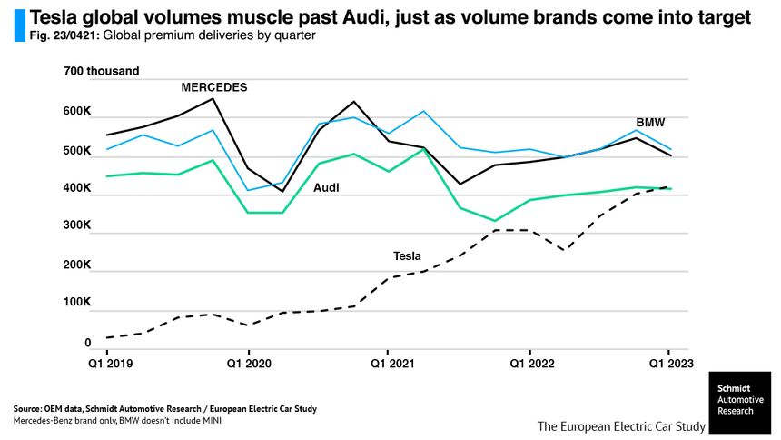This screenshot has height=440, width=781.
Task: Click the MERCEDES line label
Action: (x=214, y=87)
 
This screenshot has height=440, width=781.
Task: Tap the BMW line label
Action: (x=649, y=122)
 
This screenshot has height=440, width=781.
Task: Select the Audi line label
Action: (x=326, y=188)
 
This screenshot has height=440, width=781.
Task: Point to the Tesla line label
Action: (x=406, y=256)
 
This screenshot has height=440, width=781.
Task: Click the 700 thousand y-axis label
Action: (x=102, y=72)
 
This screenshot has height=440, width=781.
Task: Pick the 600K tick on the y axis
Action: (x=76, y=112)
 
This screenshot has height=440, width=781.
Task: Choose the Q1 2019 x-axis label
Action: (x=107, y=365)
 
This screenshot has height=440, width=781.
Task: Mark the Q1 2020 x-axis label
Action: (x=248, y=365)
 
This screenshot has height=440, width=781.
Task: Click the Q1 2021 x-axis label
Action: (x=388, y=365)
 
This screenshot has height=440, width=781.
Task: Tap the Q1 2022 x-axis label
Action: (x=529, y=365)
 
